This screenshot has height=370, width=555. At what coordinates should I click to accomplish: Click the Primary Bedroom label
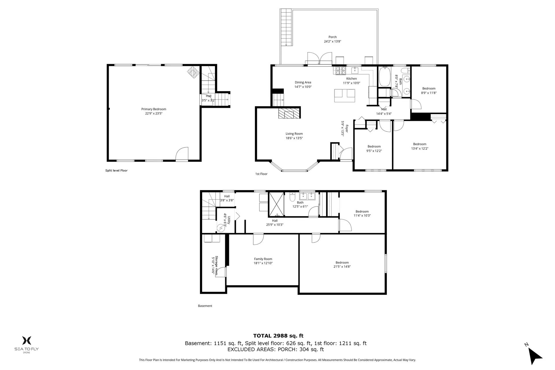(x=153, y=109)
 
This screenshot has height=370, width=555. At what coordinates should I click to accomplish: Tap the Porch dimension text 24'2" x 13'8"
(x=332, y=41)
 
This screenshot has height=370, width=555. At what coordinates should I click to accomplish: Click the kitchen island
(x=344, y=96)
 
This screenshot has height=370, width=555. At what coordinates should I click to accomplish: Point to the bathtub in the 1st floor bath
(x=384, y=77)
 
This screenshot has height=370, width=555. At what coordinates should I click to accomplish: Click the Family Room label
(x=263, y=259)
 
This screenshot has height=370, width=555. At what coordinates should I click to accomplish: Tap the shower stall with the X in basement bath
(x=276, y=204)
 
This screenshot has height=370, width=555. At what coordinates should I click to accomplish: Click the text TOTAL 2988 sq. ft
(x=278, y=336)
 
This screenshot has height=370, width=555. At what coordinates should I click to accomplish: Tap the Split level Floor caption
(x=116, y=171)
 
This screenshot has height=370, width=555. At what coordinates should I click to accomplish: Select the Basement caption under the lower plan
(x=205, y=306)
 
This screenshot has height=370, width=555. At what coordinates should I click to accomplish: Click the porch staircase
(x=286, y=27)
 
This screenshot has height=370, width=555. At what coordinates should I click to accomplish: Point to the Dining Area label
(x=303, y=82)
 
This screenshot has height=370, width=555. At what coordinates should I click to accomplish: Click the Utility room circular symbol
(x=221, y=228)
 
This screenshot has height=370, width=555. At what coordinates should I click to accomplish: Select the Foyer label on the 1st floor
(x=347, y=129)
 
